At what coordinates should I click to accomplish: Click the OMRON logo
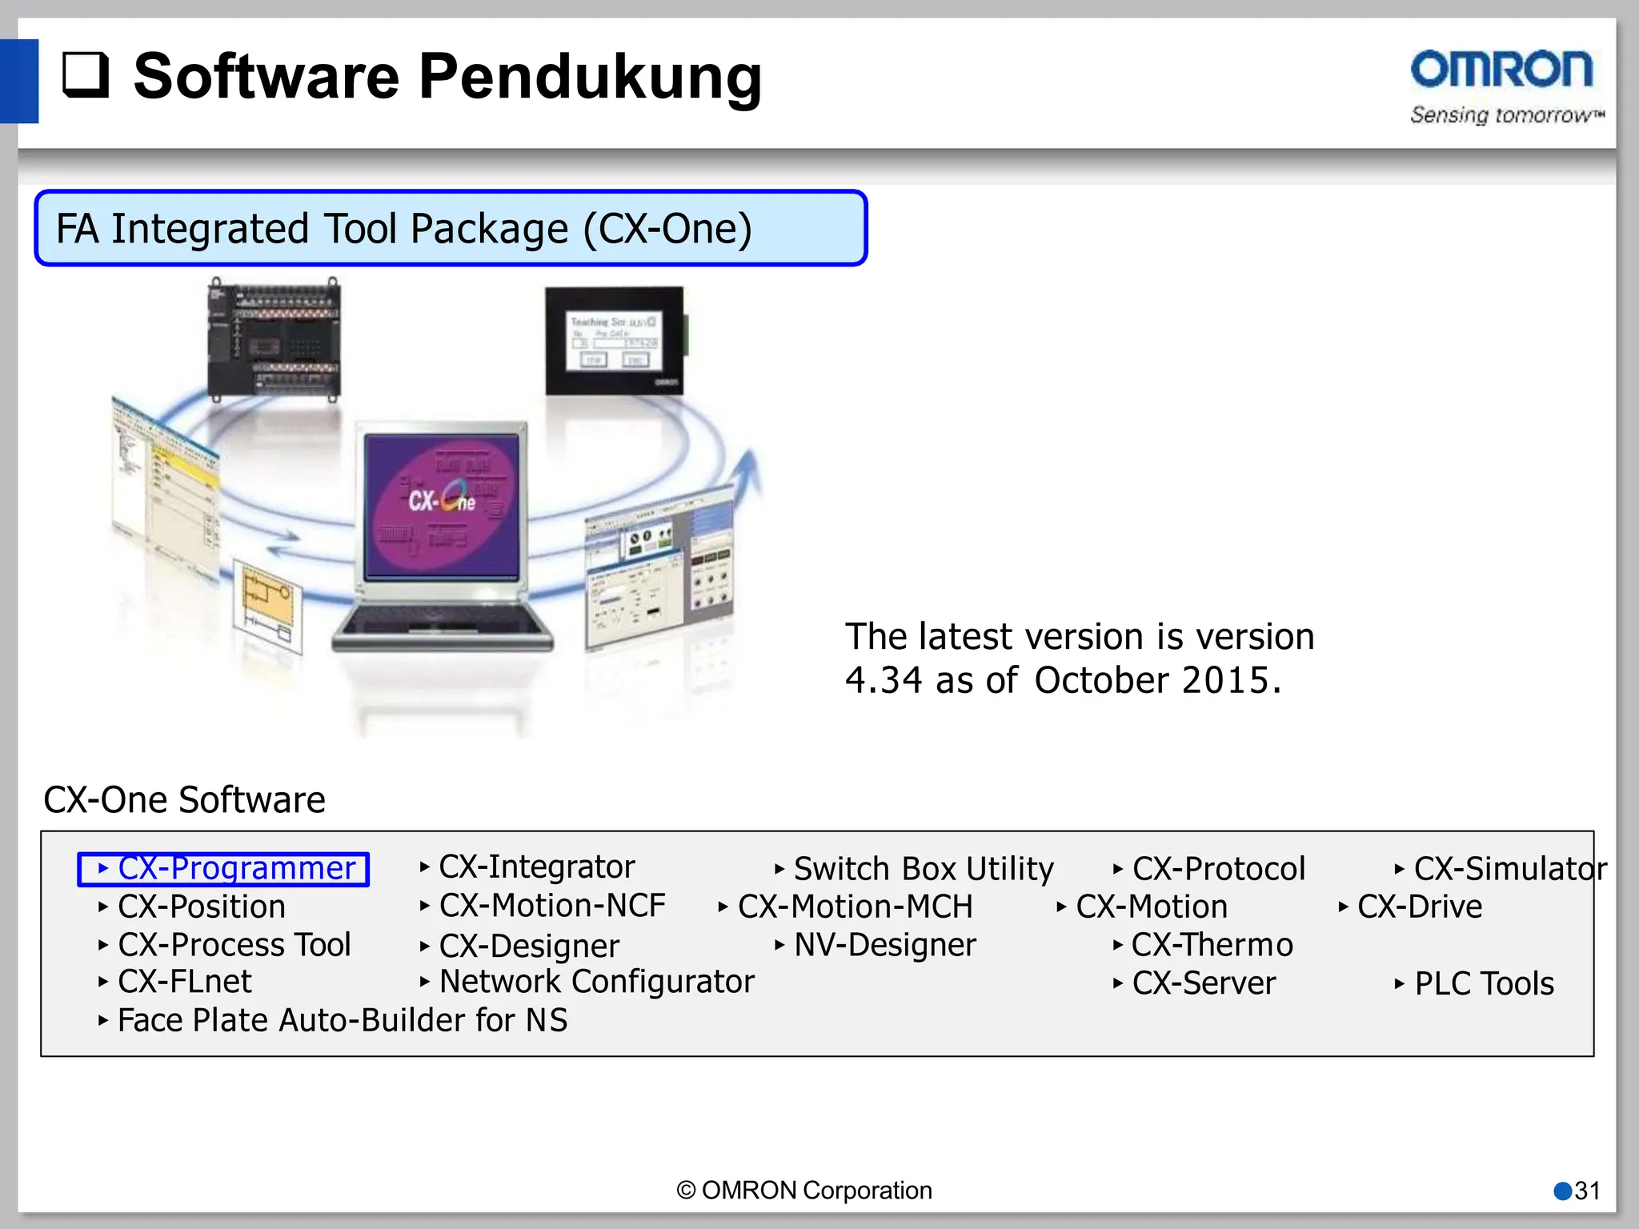[x=1502, y=70]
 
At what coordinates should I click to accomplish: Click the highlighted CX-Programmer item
[x=224, y=869]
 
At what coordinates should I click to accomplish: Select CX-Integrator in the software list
[x=536, y=867]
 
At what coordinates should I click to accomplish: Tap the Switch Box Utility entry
[x=923, y=869]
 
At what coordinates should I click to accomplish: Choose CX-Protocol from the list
[x=1218, y=869]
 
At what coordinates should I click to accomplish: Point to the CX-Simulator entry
[x=1509, y=869]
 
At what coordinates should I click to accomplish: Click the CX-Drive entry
[x=1419, y=907]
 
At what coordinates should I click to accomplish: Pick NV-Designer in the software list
[x=884, y=946]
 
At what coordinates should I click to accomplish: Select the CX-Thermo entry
[x=1212, y=946]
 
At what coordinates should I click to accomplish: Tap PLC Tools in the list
[x=1484, y=984]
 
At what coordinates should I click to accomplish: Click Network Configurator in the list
[x=596, y=983]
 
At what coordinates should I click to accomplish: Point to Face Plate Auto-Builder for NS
[x=342, y=1021]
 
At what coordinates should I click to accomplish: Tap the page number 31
[x=1586, y=1191]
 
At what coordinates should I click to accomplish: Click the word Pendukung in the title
[x=590, y=77]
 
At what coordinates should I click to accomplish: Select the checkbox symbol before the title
[x=86, y=75]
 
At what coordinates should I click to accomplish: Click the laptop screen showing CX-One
[x=443, y=506]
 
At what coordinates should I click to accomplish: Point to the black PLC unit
[x=274, y=339]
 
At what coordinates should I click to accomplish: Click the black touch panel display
[x=615, y=341]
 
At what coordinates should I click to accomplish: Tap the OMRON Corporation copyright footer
[x=804, y=1191]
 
